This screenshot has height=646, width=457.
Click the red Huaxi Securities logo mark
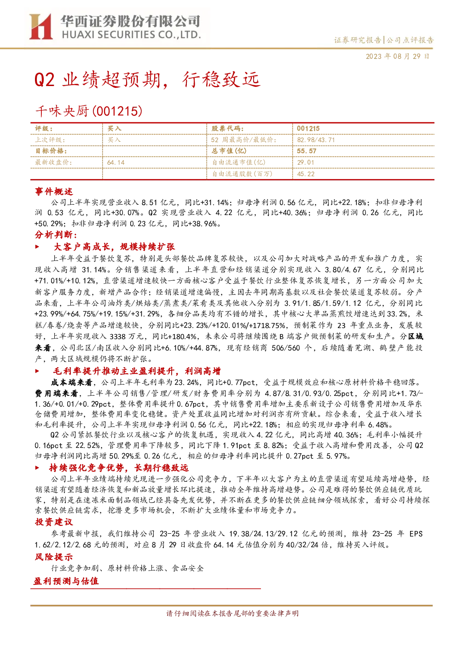tap(40, 27)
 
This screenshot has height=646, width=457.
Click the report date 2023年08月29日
tap(397, 56)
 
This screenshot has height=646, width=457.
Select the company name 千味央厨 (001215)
tap(88, 111)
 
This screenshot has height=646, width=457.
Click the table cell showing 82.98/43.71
tap(316, 140)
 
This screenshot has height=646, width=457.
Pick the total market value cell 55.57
tap(307, 151)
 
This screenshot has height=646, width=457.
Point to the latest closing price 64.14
tap(116, 162)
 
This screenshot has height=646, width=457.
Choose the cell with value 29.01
tap(306, 162)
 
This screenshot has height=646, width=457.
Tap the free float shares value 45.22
tap(306, 174)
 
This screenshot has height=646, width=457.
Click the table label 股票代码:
tap(228, 128)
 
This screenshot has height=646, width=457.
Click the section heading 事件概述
tap(54, 191)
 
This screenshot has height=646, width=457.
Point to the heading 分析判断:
tap(56, 235)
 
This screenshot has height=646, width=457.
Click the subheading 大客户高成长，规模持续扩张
tap(114, 247)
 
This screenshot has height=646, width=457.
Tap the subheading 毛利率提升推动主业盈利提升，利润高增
tap(137, 371)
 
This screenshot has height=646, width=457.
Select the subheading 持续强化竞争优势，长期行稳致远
tap(119, 467)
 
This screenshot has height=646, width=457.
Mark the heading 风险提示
tap(54, 557)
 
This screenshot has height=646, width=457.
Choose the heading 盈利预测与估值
tap(66, 581)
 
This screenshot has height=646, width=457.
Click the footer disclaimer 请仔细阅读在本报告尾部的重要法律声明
tap(232, 614)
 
